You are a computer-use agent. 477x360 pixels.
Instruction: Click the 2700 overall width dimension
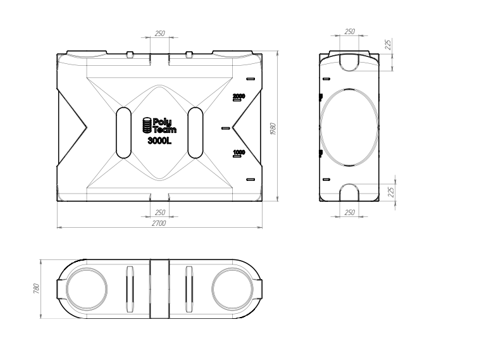(x=159, y=223)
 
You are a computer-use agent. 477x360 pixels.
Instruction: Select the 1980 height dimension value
(x=273, y=129)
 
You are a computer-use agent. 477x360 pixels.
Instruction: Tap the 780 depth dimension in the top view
(x=36, y=289)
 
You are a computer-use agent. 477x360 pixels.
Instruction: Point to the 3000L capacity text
(x=159, y=141)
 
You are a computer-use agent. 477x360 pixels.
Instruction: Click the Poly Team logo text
(x=164, y=126)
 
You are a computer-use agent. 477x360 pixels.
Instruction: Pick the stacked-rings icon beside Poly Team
(x=147, y=125)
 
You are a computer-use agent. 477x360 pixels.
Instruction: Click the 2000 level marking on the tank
(x=238, y=97)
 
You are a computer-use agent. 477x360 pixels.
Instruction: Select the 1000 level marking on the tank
(x=238, y=153)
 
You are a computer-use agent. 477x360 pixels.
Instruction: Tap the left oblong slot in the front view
(x=123, y=133)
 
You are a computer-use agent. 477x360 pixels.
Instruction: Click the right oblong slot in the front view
(x=195, y=133)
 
